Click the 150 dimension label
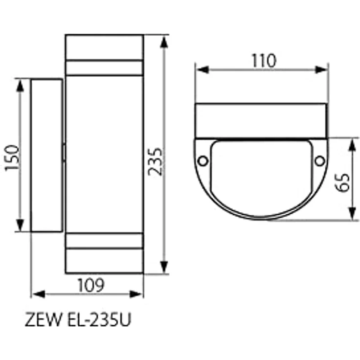tap(12, 157)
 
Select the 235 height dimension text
tap(155, 161)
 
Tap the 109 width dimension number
tap(91, 285)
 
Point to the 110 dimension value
tap(264, 61)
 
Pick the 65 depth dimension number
tap(342, 182)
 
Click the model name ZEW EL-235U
tap(78, 319)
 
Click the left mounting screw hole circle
tap(203, 161)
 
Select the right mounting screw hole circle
tap(319, 161)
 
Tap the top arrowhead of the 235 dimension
tap(164, 42)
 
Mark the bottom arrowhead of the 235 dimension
tap(164, 267)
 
